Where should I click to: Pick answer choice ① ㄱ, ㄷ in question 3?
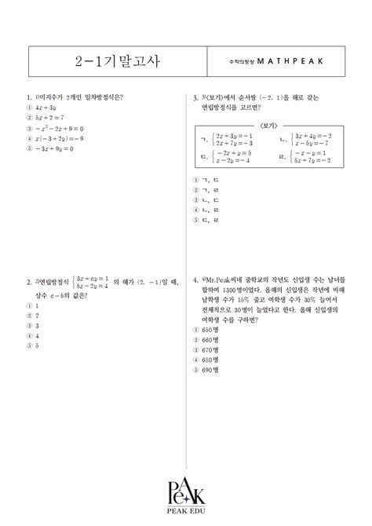[206, 179]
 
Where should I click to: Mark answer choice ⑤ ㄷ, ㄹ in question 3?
[206, 221]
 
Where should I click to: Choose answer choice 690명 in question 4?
[207, 370]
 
